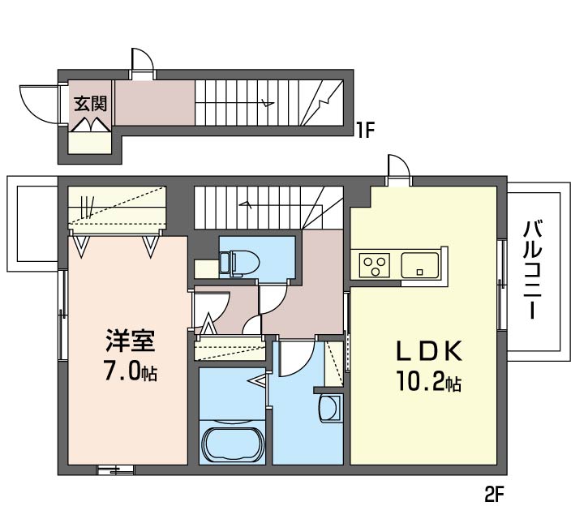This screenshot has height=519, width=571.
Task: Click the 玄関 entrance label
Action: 90,104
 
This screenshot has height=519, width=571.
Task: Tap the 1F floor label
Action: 365,131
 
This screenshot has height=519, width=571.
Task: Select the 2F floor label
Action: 493,495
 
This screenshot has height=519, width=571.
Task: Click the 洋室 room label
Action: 131,341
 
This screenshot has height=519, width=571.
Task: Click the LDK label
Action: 430,351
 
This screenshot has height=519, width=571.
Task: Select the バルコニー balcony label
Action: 532,270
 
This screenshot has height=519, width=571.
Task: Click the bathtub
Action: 232,444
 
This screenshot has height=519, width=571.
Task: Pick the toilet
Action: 239,264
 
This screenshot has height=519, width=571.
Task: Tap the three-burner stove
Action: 375,265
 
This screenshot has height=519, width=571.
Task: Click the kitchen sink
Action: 420,265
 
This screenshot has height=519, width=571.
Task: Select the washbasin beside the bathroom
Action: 330,408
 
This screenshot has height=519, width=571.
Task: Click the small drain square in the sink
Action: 419,272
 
